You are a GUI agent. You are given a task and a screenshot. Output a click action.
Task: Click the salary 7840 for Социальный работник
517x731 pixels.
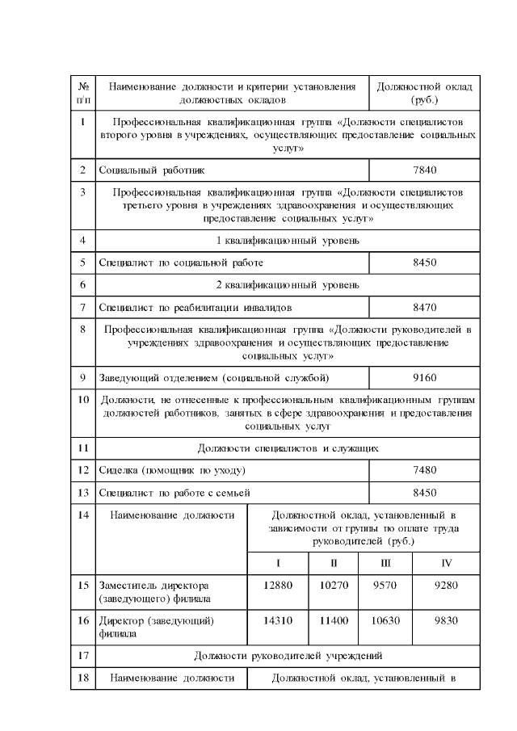tap(424, 170)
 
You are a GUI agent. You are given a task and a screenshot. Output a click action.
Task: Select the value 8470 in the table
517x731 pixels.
tap(424, 308)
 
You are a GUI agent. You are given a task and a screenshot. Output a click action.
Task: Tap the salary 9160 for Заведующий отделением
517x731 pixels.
tap(424, 376)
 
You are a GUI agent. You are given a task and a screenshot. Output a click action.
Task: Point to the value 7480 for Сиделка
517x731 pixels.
tap(424, 469)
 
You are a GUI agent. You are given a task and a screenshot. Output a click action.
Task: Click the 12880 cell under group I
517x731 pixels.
tap(277, 584)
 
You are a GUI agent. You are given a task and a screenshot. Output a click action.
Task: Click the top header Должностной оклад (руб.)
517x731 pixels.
tap(424, 93)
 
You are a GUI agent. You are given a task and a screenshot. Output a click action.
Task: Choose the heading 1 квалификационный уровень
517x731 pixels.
tap(287, 240)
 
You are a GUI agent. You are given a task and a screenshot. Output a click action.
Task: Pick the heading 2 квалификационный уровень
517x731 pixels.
tap(287, 285)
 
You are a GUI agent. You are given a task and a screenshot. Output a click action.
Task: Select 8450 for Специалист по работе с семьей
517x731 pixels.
tap(424, 492)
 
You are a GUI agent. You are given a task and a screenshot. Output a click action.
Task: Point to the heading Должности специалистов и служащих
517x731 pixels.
tap(287, 447)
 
